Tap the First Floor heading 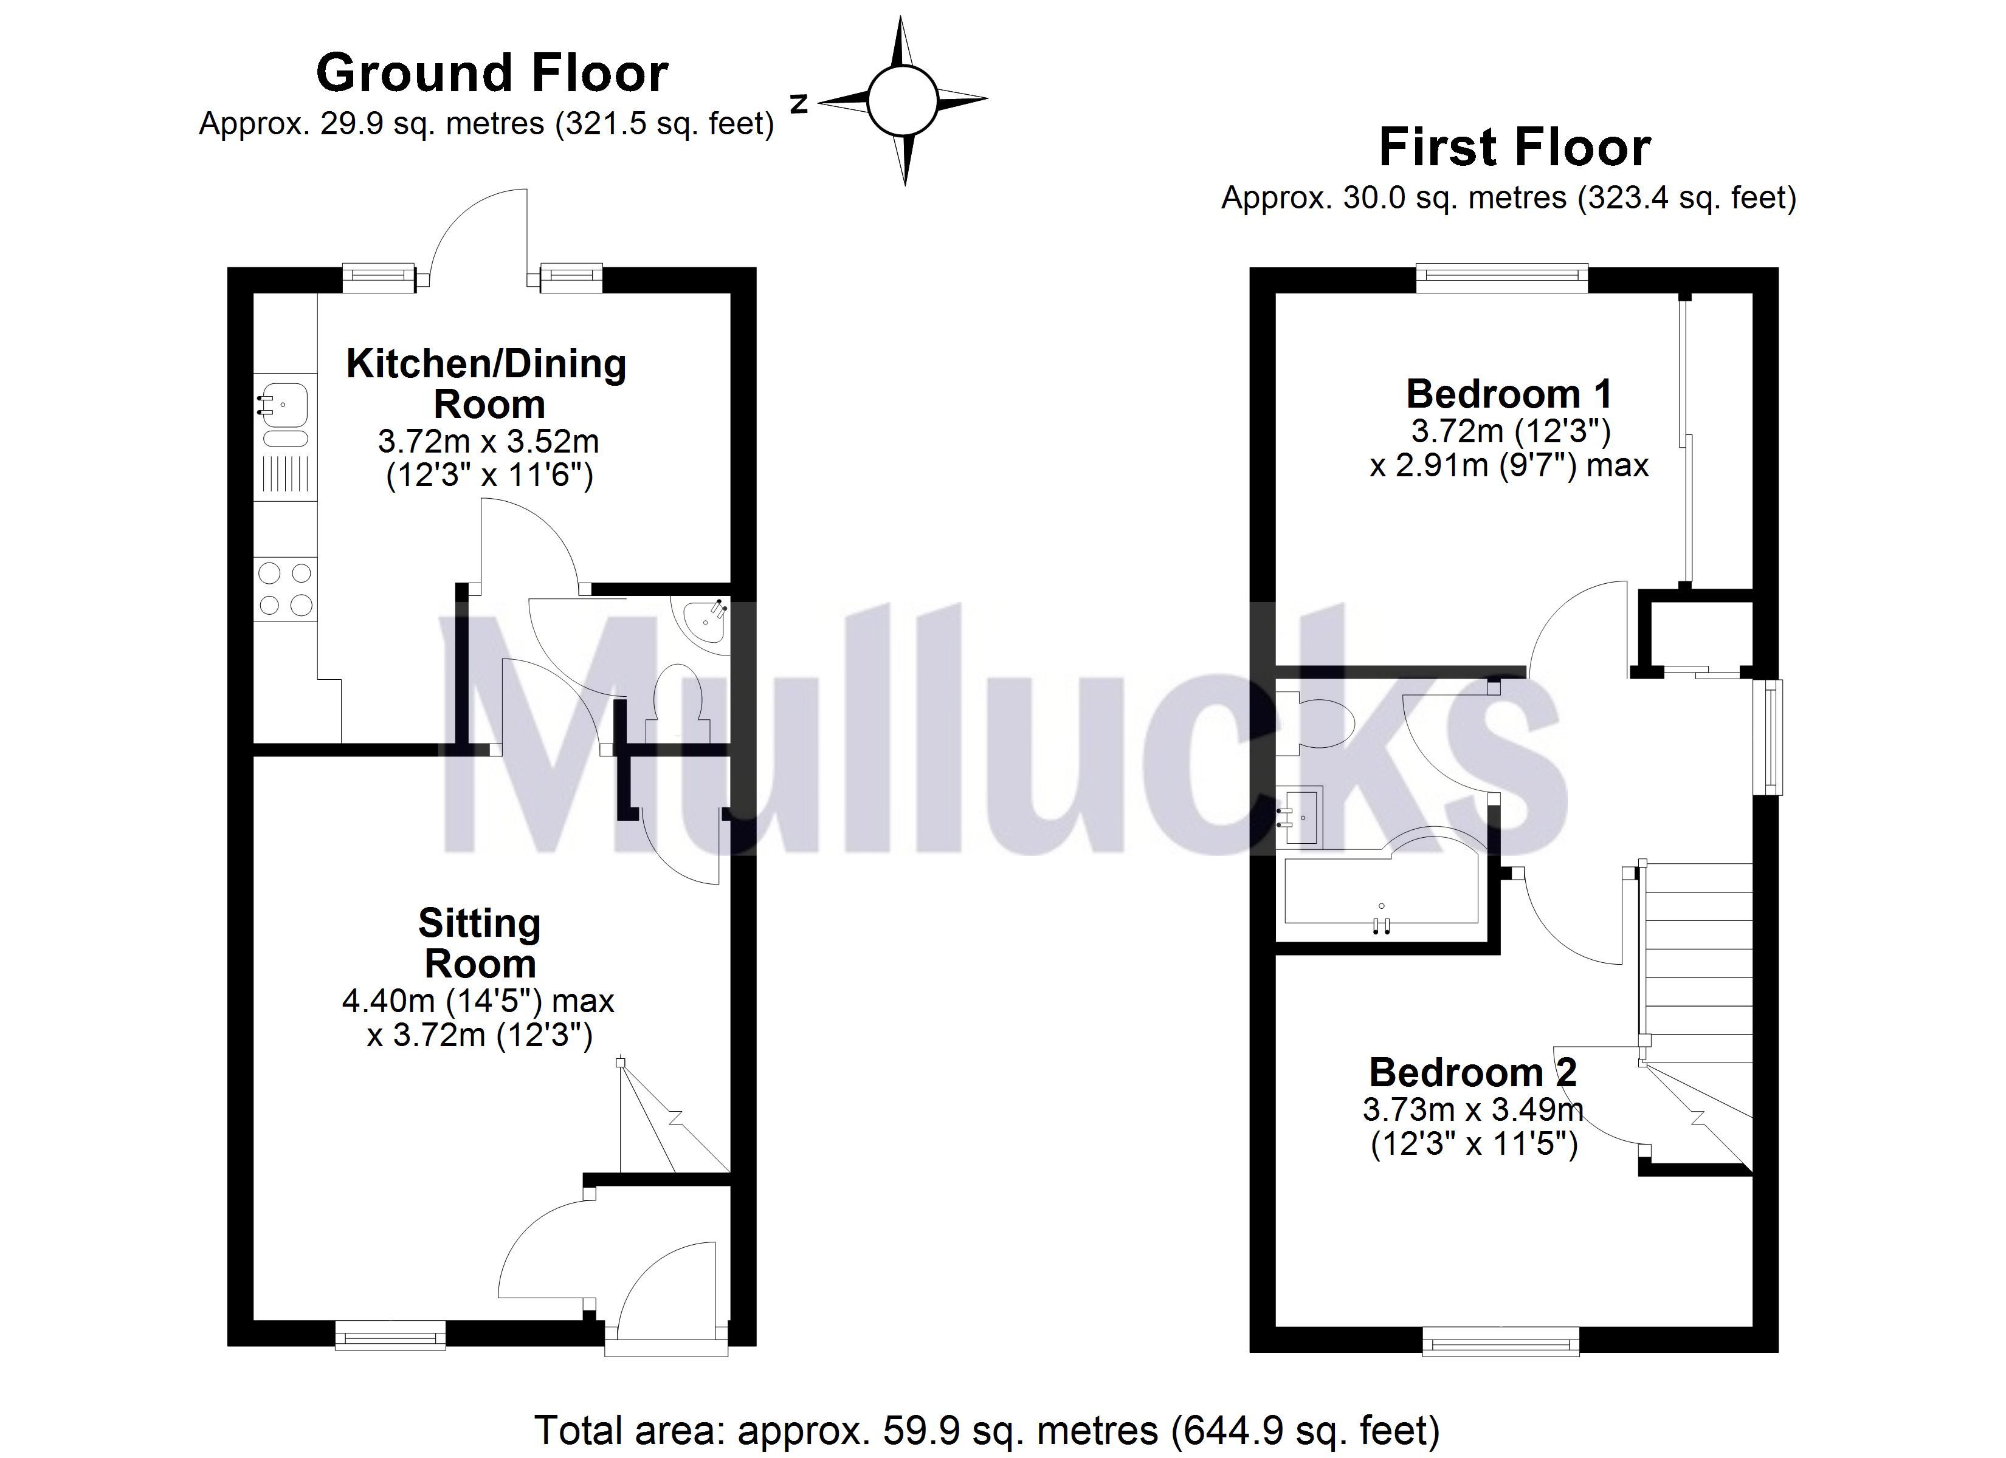[1514, 147]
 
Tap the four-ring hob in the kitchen [285, 589]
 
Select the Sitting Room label [480, 942]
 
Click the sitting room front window [390, 1335]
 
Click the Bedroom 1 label [1509, 394]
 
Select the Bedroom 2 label [1473, 1072]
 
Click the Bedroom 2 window [1501, 1345]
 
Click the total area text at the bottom [987, 1429]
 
